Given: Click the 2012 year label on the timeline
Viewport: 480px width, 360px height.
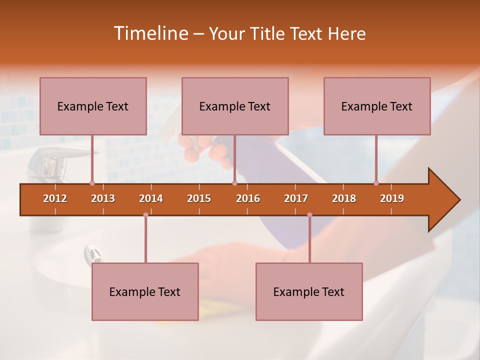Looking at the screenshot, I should click(55, 198).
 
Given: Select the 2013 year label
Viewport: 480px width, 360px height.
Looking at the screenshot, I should click(103, 198).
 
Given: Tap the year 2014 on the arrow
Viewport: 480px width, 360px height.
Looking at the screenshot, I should click(151, 198).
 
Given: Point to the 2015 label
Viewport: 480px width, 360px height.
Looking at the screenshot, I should click(199, 198).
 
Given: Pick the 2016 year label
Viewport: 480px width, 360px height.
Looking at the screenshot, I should click(248, 198).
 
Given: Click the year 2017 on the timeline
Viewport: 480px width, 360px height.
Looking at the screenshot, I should click(296, 198).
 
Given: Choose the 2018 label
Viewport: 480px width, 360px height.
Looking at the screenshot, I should click(344, 198).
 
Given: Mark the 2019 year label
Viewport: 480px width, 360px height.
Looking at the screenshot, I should click(392, 198).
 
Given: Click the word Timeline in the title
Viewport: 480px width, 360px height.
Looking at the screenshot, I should click(149, 33).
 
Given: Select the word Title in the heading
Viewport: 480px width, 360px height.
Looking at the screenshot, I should click(267, 34).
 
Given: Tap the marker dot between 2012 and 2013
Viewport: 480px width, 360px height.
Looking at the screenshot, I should click(92, 183).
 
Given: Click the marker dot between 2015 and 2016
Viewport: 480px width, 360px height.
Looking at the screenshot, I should click(234, 183).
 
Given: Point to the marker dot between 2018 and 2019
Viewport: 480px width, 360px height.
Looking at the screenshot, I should click(376, 183).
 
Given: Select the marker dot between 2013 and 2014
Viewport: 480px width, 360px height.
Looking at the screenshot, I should click(145, 214).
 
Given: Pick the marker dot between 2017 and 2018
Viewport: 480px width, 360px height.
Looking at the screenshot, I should click(309, 214).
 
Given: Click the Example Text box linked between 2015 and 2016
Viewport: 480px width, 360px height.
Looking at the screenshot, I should click(235, 106).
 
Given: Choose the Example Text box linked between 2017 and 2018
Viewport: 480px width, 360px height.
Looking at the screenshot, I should click(309, 291).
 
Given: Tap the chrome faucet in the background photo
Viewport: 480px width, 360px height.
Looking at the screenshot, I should click(47, 165).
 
